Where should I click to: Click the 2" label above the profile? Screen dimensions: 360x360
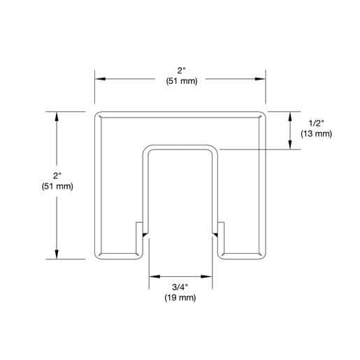(x=181, y=71)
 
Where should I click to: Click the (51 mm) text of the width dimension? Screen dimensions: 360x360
(x=182, y=81)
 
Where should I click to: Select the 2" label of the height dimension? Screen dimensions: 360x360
(x=57, y=175)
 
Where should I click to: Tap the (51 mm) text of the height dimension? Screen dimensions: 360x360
(x=57, y=187)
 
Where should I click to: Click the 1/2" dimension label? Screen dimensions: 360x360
(x=316, y=123)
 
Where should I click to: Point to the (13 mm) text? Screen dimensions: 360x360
(x=316, y=134)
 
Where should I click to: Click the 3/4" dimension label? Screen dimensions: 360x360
(x=180, y=287)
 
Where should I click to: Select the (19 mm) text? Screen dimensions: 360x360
(x=180, y=298)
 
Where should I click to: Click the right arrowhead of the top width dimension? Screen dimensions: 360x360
(x=260, y=79)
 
